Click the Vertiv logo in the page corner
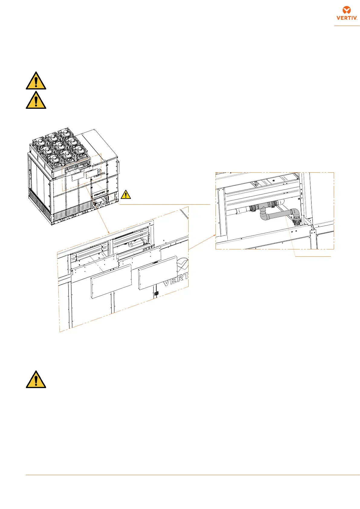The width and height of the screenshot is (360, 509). point(347,13)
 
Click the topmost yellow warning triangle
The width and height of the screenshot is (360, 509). point(36,81)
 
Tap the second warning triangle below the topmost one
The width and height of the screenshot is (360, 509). point(36,100)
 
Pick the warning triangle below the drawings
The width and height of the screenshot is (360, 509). point(36,380)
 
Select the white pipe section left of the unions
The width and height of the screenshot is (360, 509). point(239,210)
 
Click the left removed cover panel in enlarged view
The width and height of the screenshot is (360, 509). point(111,281)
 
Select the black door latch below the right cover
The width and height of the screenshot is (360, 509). point(156,293)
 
